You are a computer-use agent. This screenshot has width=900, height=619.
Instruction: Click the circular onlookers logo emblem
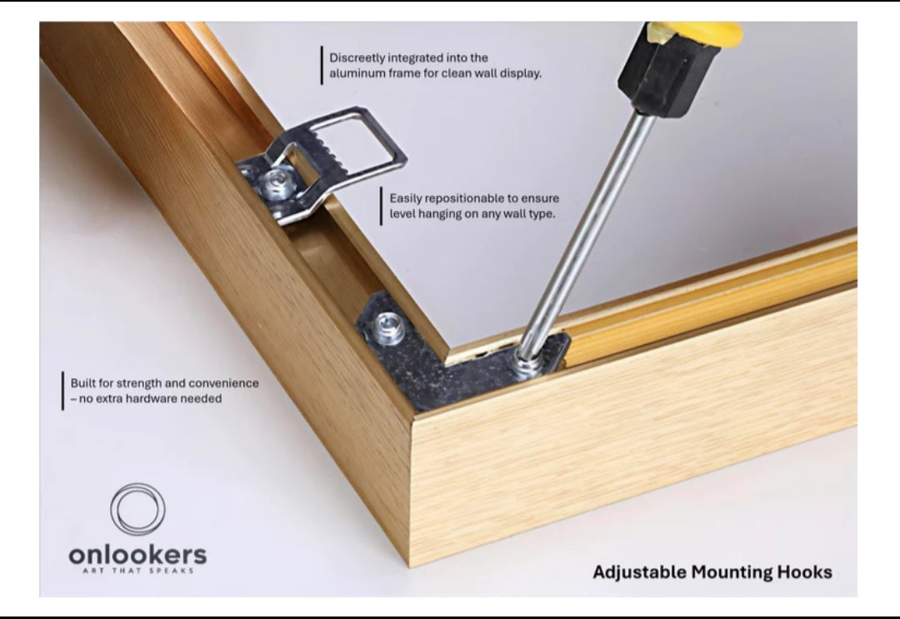pyautogui.click(x=137, y=509)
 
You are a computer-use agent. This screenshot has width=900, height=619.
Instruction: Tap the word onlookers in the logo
pyautogui.click(x=137, y=555)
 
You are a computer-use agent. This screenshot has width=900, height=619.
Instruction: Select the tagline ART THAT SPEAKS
pyautogui.click(x=137, y=571)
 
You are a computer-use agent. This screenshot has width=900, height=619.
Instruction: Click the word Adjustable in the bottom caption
pyautogui.click(x=639, y=572)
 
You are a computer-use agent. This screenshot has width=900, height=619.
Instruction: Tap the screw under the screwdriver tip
pyautogui.click(x=527, y=364)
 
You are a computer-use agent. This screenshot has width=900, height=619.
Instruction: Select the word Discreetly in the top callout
pyautogui.click(x=357, y=58)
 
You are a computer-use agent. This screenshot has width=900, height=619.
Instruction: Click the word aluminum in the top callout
pyautogui.click(x=357, y=73)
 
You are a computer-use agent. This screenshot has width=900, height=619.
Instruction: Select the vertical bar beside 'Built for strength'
pyautogui.click(x=62, y=392)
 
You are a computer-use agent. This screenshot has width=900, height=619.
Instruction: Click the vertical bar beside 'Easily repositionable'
pyautogui.click(x=381, y=207)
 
